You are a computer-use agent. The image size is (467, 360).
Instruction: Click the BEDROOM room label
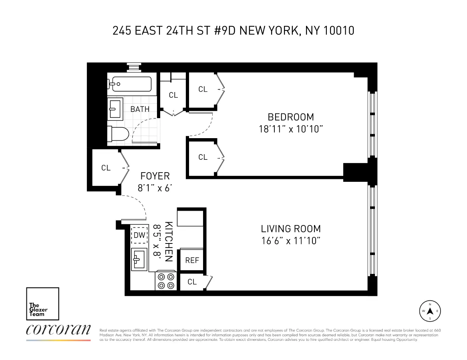pos(291,117)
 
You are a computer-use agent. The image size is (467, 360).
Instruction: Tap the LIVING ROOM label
pos(291,229)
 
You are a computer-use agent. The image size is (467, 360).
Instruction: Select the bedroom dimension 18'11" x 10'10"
pos(291,129)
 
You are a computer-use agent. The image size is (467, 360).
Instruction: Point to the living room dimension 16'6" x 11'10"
pos(291,241)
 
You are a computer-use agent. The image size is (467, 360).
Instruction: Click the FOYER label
pos(155,176)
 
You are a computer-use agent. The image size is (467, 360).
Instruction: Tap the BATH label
pos(140,109)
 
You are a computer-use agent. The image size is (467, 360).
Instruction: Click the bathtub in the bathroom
pos(129,84)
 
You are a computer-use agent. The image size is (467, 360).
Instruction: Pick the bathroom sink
pos(116,108)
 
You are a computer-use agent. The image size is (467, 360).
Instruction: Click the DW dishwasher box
pos(139,235)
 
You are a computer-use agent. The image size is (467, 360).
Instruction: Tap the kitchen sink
pos(139,259)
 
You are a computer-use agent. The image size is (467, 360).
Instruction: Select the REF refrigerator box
pos(192,260)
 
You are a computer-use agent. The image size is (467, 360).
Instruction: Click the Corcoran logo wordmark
pos(58,330)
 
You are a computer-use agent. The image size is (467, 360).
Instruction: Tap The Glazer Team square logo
pos(42,304)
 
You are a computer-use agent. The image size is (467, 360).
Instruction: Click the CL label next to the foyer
pos(106,168)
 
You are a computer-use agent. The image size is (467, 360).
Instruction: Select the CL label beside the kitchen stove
pos(192,282)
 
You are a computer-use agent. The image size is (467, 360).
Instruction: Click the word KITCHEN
pos(169,241)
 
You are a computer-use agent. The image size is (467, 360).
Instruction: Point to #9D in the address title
pos(222,31)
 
